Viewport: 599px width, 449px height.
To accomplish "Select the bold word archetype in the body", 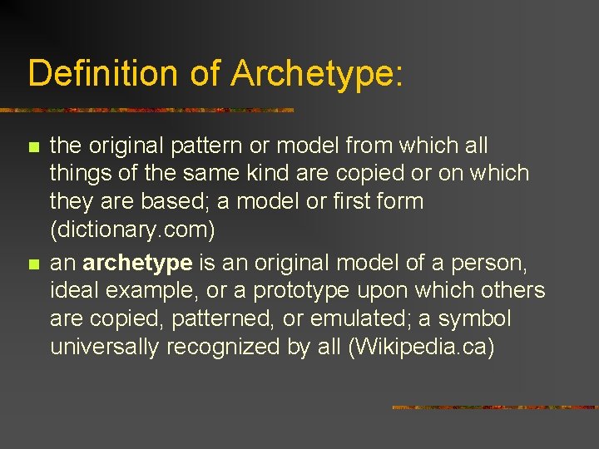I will pos(138,263).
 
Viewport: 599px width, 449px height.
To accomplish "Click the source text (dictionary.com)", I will pos(132,229).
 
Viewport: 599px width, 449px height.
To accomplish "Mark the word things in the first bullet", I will pos(77,174).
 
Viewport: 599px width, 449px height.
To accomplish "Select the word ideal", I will pos(74,291).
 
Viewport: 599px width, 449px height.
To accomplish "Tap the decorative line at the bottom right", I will pos(494,407).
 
